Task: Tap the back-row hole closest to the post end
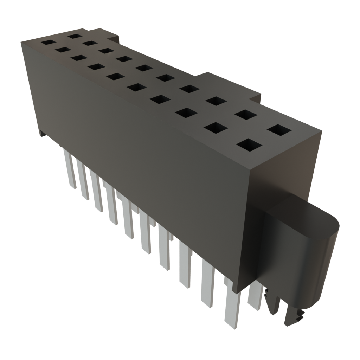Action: pos(279,130)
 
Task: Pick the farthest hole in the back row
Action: pos(75,36)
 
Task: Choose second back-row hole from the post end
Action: pos(245,115)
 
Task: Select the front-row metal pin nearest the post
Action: pos(232,309)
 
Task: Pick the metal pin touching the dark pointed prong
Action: pos(255,297)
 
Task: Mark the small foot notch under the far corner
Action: pos(42,134)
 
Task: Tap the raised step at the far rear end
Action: pos(114,36)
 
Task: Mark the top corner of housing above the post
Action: pos(322,131)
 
